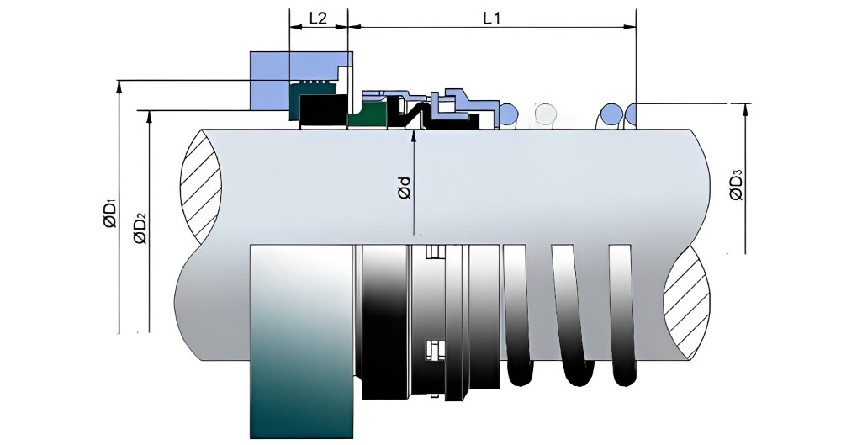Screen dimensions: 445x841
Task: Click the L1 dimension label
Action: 492,19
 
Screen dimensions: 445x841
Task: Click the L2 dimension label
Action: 318,19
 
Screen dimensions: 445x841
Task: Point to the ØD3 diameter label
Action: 735,187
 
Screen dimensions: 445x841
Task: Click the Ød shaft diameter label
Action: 404,188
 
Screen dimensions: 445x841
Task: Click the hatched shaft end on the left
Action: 199,185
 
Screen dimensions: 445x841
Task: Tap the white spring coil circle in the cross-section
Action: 545,113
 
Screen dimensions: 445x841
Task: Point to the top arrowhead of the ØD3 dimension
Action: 744,108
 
